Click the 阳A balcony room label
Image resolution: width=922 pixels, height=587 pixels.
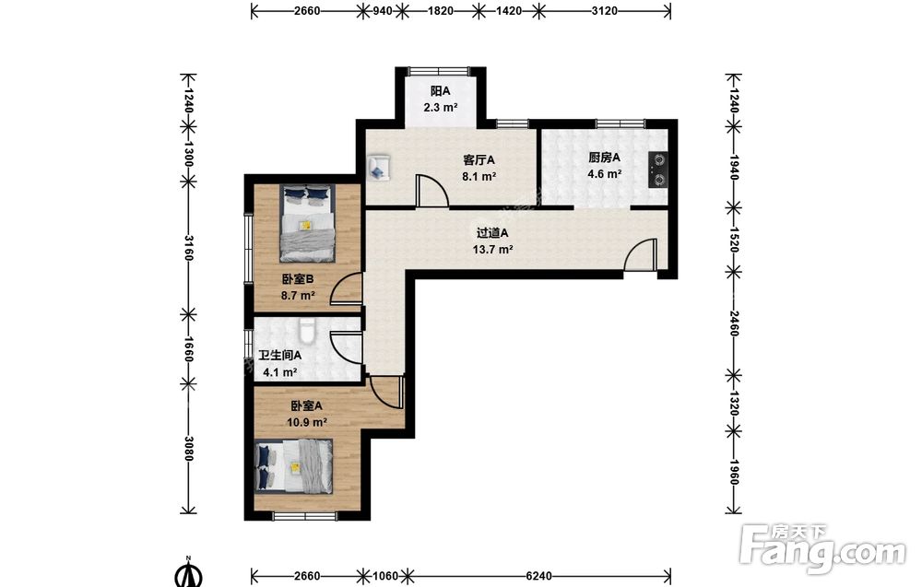point(441,91)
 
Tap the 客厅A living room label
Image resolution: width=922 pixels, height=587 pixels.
point(479,159)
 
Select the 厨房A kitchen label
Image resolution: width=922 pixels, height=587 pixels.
point(605,158)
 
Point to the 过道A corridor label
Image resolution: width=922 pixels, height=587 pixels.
point(492,233)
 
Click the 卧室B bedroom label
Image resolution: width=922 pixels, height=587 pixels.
point(298,279)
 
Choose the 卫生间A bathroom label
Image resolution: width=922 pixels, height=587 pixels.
point(280,356)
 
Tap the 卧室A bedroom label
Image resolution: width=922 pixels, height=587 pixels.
point(307,406)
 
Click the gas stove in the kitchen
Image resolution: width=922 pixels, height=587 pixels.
point(658,170)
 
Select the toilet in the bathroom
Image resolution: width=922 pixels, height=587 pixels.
point(307,330)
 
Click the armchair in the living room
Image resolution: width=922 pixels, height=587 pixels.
point(378,167)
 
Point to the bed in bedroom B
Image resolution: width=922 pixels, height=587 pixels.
point(308,223)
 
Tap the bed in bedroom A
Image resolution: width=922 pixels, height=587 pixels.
point(294,466)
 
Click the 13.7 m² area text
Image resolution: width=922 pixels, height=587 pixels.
point(492,249)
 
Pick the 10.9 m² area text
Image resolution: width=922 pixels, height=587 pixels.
point(307,422)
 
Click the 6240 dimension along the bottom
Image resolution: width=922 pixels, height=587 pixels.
point(538,576)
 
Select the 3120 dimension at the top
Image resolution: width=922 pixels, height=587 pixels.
point(605,10)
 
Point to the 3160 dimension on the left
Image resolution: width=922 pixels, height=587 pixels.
point(188,248)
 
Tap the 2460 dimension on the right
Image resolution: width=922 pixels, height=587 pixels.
point(733,323)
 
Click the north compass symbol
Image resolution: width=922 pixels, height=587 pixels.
point(188,573)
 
